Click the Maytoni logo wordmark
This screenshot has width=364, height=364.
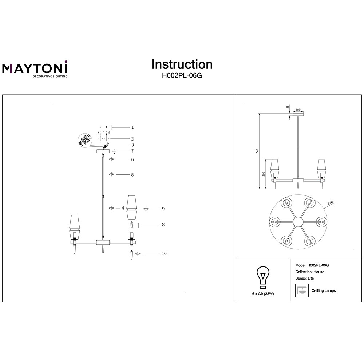pyautogui.click(x=35, y=68)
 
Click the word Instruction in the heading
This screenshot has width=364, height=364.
pyautogui.click(x=182, y=64)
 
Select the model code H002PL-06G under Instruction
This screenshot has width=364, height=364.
pyautogui.click(x=182, y=76)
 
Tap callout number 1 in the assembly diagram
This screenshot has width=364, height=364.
pyautogui.click(x=133, y=127)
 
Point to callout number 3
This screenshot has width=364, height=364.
pyautogui.click(x=133, y=145)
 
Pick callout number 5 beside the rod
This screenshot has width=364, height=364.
pyautogui.click(x=133, y=175)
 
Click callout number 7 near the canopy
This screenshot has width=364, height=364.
pyautogui.click(x=133, y=151)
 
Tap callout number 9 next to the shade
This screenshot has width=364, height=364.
pyautogui.click(x=163, y=209)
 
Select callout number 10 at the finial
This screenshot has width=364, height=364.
pyautogui.click(x=164, y=254)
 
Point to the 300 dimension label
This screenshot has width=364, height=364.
pyautogui.click(x=264, y=174)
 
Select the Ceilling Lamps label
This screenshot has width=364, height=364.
pyautogui.click(x=324, y=291)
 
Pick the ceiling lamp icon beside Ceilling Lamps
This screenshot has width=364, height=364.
pyautogui.click(x=301, y=290)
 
